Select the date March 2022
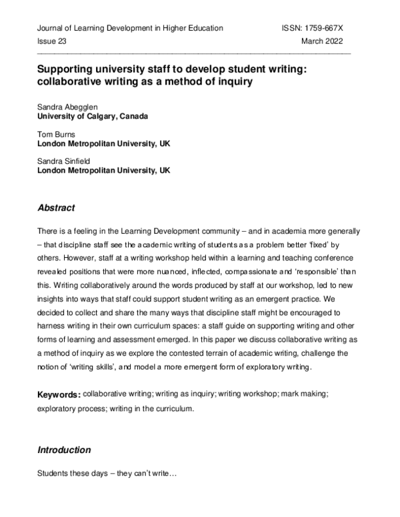(x=326, y=41)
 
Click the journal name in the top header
(x=130, y=28)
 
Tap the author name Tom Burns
(x=56, y=133)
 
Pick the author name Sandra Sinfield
(x=65, y=161)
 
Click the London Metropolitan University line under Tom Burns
(x=103, y=143)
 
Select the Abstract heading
(x=56, y=208)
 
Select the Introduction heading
(x=64, y=450)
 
